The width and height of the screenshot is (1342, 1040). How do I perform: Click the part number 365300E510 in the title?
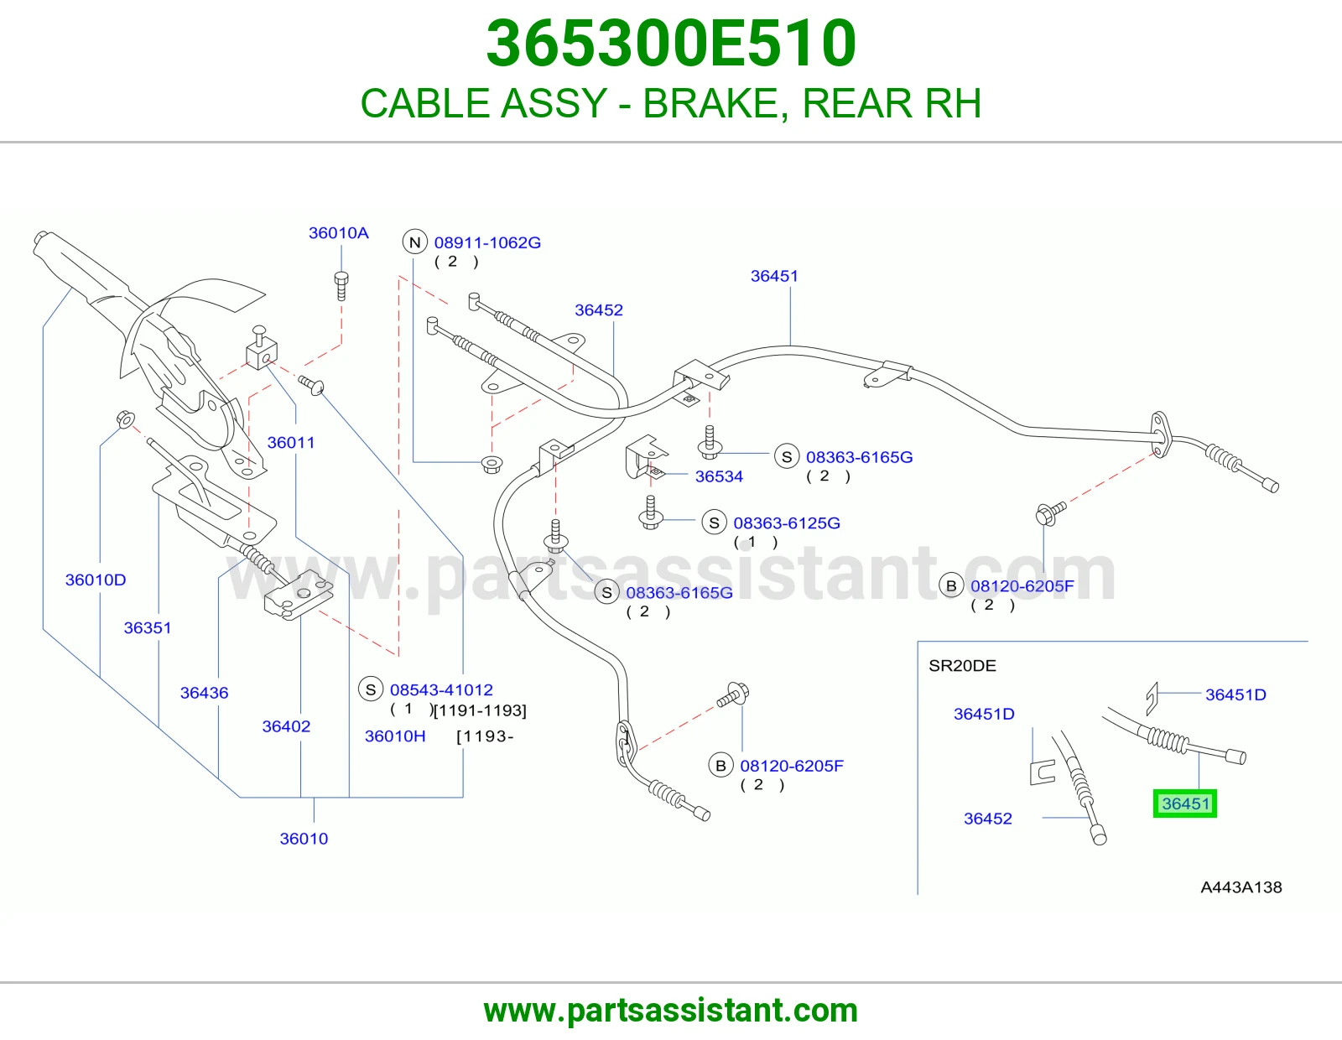point(671,44)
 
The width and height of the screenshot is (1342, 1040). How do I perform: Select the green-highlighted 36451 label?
point(1184,803)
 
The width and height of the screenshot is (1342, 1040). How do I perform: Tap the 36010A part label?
point(338,233)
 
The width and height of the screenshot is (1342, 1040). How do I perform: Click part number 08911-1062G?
point(487,242)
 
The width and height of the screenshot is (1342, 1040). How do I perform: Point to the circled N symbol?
point(415,242)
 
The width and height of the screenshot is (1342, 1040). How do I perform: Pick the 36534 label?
point(719,476)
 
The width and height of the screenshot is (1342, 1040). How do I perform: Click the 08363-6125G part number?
point(787,523)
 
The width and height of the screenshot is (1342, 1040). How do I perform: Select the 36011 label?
point(291,442)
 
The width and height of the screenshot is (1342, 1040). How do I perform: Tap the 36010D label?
point(96,580)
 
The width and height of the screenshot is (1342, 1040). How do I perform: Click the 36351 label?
point(148,627)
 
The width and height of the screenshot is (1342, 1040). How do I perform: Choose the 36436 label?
point(205,693)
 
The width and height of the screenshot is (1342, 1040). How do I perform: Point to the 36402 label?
point(286,726)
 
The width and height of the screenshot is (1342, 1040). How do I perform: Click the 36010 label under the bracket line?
point(304,839)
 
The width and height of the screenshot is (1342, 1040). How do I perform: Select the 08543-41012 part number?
point(441,689)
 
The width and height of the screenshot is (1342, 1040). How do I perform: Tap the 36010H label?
point(395,736)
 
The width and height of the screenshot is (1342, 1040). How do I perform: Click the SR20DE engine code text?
point(962,666)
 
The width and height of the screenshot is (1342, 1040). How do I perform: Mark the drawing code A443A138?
point(1241,887)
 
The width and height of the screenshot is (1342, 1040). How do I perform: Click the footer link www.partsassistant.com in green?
point(671,1011)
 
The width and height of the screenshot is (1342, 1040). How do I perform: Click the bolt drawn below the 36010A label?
point(341,285)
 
